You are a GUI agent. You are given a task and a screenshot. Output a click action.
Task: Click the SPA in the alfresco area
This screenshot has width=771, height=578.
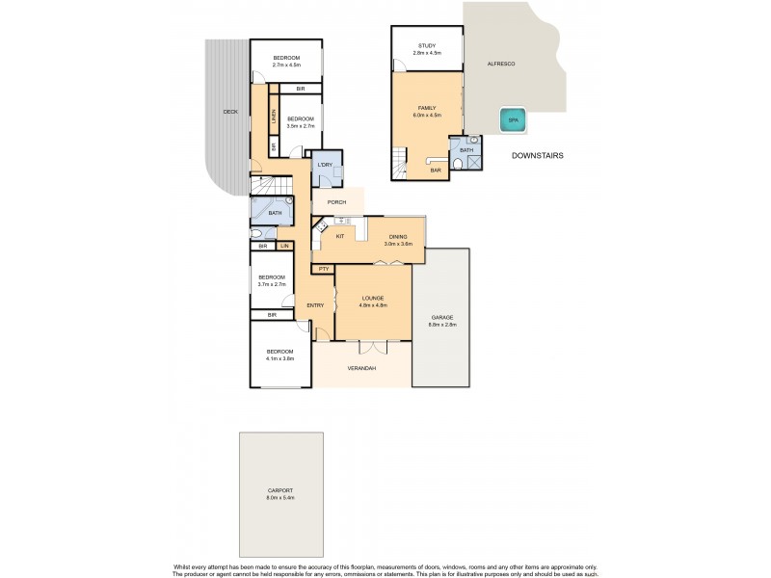point(510,120)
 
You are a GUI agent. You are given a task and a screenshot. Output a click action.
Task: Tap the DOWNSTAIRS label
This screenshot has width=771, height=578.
point(537,155)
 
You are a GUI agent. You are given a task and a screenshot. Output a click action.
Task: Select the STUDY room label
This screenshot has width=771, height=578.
point(427,48)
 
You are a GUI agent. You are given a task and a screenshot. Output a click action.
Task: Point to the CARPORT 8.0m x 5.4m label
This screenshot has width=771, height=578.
point(280,495)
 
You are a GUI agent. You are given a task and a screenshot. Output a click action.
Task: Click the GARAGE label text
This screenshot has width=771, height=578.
point(441,320)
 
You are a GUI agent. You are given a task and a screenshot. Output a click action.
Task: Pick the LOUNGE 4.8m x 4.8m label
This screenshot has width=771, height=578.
point(373,301)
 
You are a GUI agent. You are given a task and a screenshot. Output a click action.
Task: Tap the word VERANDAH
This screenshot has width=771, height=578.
point(362,369)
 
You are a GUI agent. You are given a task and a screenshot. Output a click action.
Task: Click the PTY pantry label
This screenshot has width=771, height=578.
point(324,269)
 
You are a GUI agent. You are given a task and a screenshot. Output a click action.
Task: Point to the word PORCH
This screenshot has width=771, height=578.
point(336,202)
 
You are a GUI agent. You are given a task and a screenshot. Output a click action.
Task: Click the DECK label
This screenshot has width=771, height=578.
point(229,112)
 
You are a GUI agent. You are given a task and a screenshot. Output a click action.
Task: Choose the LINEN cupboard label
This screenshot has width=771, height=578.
point(274,119)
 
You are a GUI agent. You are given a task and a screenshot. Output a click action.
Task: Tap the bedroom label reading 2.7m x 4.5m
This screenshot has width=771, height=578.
point(286,62)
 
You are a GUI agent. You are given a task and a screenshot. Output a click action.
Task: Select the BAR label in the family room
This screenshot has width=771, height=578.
point(436,171)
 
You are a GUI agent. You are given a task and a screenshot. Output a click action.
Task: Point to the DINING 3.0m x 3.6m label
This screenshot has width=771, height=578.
point(400,240)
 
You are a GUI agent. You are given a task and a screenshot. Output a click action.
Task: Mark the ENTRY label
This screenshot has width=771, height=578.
point(315,305)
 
